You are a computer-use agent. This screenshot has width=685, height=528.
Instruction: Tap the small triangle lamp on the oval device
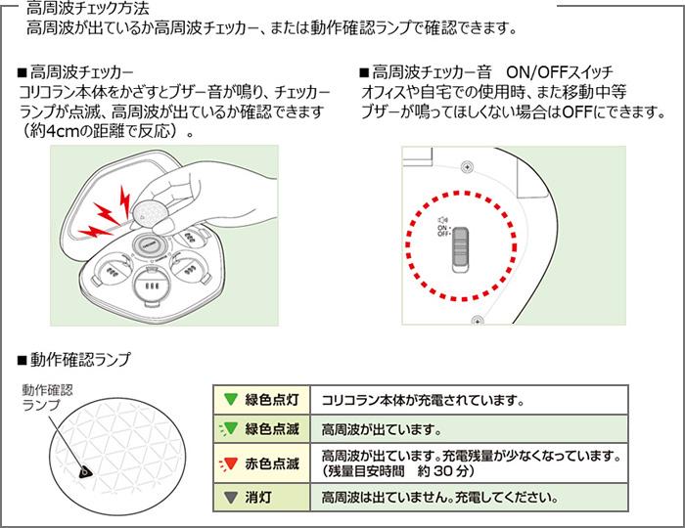85,471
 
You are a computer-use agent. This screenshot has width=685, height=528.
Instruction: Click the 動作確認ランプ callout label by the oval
46,397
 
